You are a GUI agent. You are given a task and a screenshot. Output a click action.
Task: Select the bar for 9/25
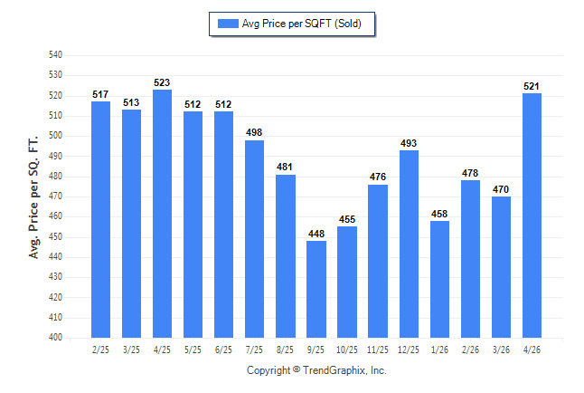click(316, 289)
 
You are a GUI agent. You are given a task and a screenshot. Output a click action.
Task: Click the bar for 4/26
click(532, 216)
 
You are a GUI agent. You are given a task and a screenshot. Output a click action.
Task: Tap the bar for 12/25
click(409, 244)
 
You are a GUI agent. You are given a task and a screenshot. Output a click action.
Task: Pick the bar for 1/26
click(439, 279)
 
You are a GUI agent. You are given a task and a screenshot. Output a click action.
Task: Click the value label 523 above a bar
click(162, 82)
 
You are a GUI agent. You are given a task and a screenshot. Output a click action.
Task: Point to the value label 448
click(316, 234)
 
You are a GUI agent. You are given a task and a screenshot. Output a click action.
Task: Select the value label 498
click(254, 132)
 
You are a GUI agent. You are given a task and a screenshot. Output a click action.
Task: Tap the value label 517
click(100, 94)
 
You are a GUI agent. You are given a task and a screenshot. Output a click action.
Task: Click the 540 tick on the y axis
click(55, 55)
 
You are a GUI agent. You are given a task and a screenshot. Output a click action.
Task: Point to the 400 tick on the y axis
click(55, 337)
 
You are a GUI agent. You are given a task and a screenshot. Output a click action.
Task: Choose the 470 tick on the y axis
click(55, 196)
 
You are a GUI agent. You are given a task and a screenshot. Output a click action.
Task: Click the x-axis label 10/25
click(347, 350)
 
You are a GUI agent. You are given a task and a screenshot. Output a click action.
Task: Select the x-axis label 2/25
click(100, 350)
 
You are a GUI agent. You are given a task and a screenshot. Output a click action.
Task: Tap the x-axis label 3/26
click(501, 350)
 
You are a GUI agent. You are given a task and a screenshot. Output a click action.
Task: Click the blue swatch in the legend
click(228, 24)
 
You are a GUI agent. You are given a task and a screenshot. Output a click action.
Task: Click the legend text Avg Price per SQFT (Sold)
click(302, 24)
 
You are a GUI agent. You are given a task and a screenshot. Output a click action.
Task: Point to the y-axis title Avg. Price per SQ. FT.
click(33, 197)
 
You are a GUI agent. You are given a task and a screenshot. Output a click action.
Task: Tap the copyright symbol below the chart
click(297, 369)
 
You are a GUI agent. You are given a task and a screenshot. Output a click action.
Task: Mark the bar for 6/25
click(223, 225)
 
